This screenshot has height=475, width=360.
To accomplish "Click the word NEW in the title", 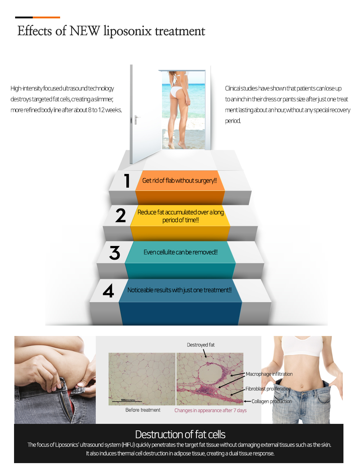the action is pos(85,31).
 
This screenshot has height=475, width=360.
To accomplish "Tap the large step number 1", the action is pos(127,180).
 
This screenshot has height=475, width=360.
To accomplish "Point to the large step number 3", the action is pos(115,252).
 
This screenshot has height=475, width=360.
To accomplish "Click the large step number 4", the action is pos(108,290).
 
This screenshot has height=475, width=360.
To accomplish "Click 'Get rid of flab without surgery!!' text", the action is pos(179,180).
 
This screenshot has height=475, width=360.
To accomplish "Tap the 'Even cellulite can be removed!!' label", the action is pos(180,252).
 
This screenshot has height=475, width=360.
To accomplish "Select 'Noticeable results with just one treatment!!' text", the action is pos(179,290).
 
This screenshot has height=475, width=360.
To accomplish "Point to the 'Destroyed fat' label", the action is pos(201,345).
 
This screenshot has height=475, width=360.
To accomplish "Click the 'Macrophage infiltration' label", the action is pos(269,374).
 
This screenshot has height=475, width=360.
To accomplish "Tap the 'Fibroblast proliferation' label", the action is pos(268,389).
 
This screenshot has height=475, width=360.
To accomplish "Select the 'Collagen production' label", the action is pos(272,401).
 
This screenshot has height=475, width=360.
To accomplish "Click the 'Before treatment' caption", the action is pos(143,410).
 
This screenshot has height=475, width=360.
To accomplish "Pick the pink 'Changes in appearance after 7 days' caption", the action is pos(211,410).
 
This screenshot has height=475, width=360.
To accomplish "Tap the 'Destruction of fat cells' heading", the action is pos(180,434).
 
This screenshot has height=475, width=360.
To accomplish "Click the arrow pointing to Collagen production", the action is pos(247,402).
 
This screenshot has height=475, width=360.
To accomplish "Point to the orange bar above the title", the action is pos(46,17).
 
